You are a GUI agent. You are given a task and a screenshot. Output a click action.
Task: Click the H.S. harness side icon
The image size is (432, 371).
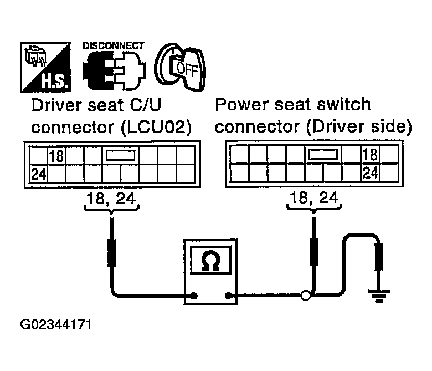(x=46, y=67)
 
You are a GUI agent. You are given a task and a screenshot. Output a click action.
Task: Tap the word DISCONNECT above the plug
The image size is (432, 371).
(x=114, y=45)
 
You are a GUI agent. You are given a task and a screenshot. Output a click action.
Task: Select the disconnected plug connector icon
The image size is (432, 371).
(x=114, y=70)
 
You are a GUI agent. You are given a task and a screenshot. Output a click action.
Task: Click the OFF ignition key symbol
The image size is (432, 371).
(x=181, y=67)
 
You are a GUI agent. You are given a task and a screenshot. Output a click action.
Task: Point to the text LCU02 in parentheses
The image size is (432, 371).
(x=156, y=127)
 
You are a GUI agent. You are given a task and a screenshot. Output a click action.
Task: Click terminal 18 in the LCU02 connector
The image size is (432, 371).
(x=56, y=156)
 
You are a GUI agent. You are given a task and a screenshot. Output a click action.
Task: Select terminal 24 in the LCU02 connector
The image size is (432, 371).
(x=39, y=174)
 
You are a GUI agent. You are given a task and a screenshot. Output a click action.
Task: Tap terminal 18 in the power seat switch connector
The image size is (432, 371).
(x=370, y=154)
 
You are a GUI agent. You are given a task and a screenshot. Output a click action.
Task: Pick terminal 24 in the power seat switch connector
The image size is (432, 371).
(x=371, y=173)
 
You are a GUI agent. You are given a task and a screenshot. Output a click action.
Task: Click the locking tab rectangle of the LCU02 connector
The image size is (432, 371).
(x=121, y=155)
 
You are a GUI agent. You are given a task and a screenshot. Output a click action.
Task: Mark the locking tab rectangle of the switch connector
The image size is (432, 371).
(x=323, y=154)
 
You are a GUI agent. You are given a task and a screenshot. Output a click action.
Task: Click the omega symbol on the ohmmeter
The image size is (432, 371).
(x=211, y=261)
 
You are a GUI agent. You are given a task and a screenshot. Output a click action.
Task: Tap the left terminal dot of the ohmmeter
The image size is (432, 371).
(x=194, y=296)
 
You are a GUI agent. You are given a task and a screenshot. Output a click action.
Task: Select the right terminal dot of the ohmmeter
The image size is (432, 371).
(x=228, y=296)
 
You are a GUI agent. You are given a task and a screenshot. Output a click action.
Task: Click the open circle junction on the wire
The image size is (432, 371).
(x=306, y=296)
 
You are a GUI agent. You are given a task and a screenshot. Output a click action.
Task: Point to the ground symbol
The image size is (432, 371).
(x=379, y=295)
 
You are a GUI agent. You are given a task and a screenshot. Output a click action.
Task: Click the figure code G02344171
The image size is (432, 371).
(x=55, y=324)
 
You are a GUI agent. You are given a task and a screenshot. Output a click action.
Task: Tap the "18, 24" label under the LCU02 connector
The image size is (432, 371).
(x=111, y=199)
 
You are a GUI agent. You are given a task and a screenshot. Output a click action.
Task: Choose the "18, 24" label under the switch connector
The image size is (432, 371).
(x=314, y=197)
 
